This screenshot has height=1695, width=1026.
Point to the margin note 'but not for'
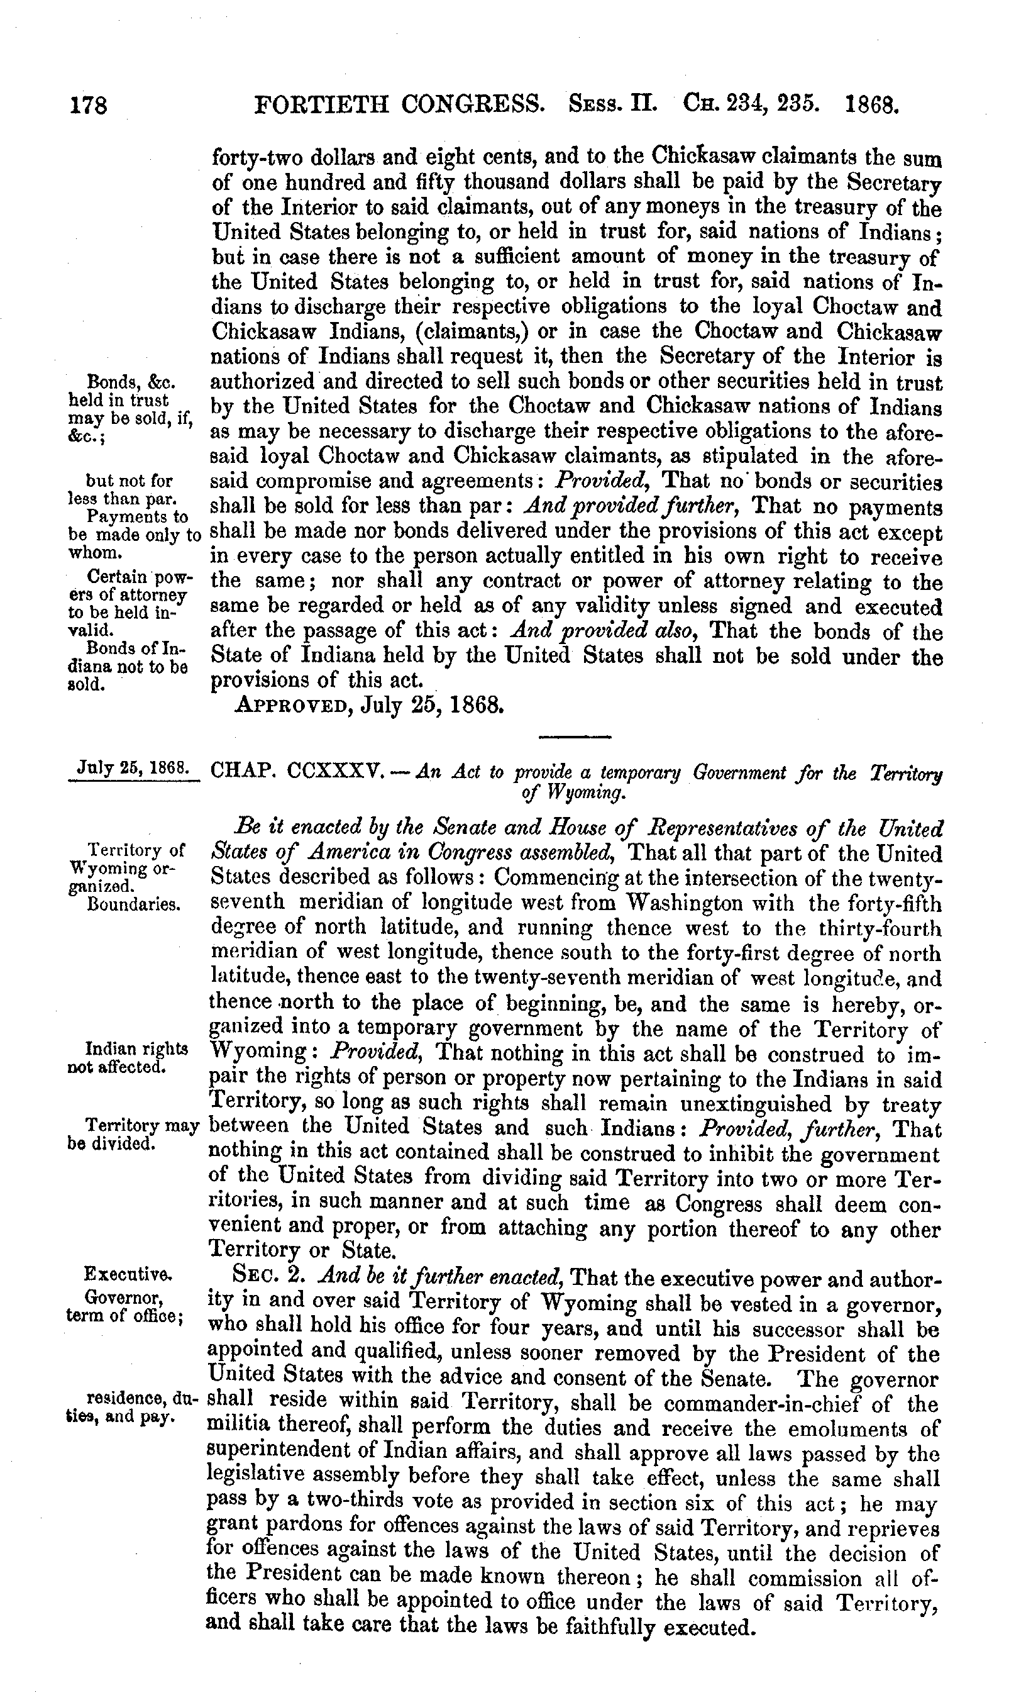pos(130,481)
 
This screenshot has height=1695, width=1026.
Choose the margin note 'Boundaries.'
pos(134,904)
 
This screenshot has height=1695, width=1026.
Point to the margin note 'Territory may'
pos(141,1126)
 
